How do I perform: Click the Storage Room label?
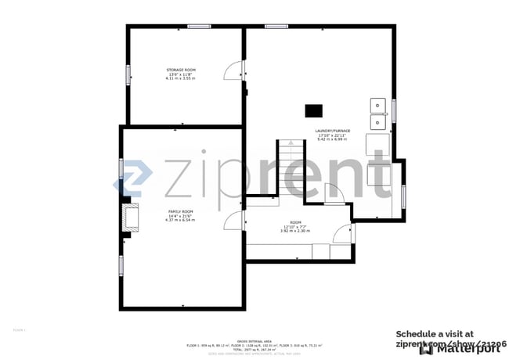coord(180,70)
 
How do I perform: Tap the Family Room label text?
coord(180,211)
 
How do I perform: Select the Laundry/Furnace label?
coord(333,131)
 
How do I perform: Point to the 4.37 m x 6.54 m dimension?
coord(180,221)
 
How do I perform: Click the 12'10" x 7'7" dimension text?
coord(295,226)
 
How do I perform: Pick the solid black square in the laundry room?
coord(314,110)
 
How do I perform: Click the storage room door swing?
coord(233,71)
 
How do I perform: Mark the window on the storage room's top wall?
coord(199,27)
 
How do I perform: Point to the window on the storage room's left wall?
coord(128,74)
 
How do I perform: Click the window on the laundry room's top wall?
coord(276,27)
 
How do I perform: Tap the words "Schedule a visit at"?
coord(435,333)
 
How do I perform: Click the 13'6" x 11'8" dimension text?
coord(180,75)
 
